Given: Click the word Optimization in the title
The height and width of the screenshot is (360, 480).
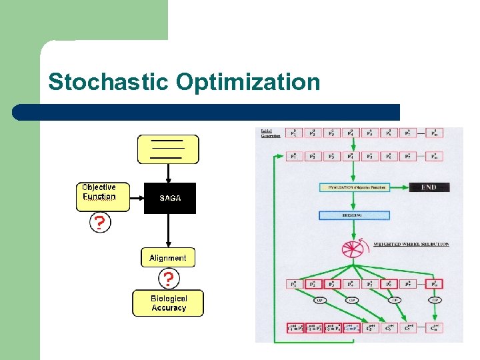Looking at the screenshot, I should point(248,82).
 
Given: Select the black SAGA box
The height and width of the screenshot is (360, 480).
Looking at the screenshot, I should point(170,198).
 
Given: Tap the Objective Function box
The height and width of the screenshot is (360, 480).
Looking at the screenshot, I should point(99,192).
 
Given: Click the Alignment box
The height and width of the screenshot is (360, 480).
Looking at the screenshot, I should point(168,258).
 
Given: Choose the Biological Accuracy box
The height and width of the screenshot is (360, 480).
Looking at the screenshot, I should point(168,303).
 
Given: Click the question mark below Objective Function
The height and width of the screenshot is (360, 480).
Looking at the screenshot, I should point(99,223).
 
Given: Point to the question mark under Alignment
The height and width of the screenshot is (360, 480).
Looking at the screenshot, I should point(169,277).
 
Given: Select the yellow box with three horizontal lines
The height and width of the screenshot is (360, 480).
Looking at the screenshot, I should point(168,149).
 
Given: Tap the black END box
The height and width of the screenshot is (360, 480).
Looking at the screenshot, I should point(429,187).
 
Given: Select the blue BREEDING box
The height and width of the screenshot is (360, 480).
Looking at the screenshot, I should point(354,215).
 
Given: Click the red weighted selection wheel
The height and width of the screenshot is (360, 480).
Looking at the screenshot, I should point(354,249).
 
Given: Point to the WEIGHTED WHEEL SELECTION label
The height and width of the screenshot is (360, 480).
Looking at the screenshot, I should point(411,245).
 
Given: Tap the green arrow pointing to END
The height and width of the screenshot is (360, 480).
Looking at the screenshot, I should point(399,187).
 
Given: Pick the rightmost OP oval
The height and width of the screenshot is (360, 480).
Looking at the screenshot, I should point(435,300).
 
